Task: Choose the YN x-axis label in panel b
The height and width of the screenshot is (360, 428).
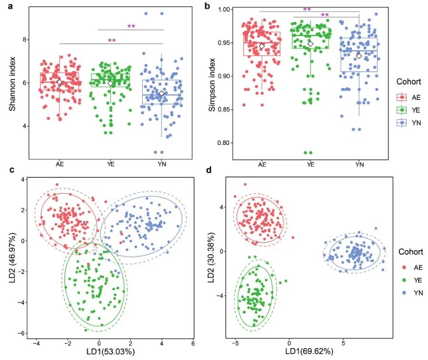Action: coord(360,165)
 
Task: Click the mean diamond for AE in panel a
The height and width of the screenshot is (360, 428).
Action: coord(59,82)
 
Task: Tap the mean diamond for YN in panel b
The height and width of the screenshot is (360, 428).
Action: coord(360,56)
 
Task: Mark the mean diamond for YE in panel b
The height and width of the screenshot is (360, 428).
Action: coord(311,44)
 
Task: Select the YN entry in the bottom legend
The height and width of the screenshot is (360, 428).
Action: coord(411,293)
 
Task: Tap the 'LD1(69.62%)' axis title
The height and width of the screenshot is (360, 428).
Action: coord(309,352)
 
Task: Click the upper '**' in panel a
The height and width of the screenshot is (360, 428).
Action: coord(131,27)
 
